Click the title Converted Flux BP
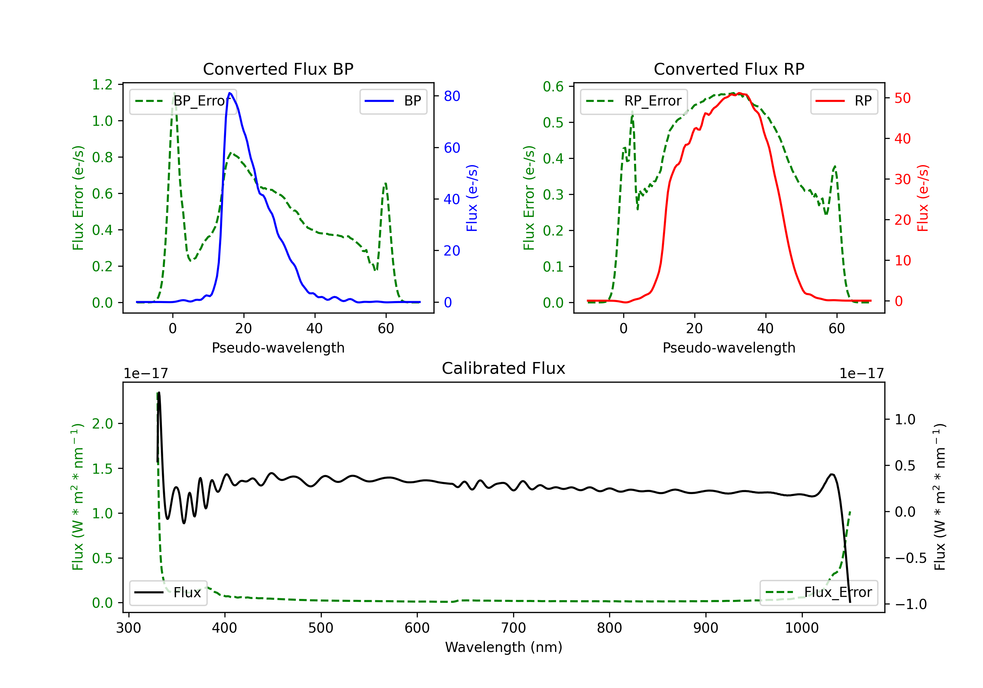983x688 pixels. [278, 69]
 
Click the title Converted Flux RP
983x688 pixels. [729, 69]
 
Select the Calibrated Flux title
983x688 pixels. [504, 368]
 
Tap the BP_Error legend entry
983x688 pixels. [183, 101]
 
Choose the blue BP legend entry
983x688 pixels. [393, 101]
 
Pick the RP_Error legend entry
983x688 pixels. [634, 101]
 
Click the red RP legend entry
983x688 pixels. [844, 101]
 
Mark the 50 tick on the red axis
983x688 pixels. [902, 98]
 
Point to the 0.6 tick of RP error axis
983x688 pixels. [553, 86]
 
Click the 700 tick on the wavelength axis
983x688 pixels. [513, 628]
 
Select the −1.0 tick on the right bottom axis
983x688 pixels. [911, 604]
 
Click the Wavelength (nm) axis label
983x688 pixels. [504, 647]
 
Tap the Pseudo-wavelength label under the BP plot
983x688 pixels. [278, 348]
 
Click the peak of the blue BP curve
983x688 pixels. [230, 93]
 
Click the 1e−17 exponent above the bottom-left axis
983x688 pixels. [145, 373]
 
